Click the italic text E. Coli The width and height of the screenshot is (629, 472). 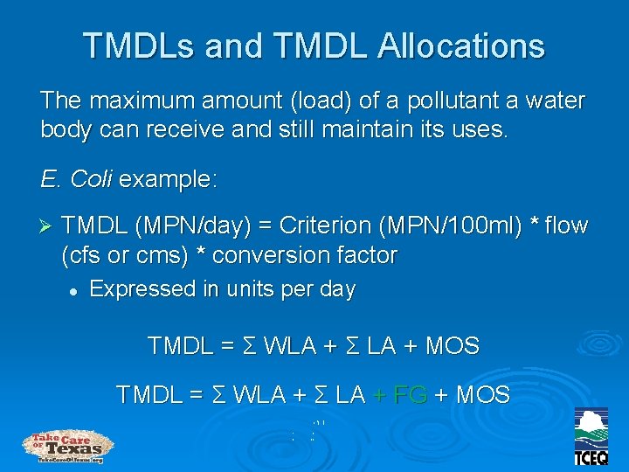coord(76,180)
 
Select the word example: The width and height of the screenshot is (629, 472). coord(169,180)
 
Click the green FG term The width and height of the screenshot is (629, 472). coord(410,394)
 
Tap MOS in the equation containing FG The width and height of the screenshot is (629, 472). coord(483,394)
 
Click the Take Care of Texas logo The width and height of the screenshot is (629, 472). coord(68,446)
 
